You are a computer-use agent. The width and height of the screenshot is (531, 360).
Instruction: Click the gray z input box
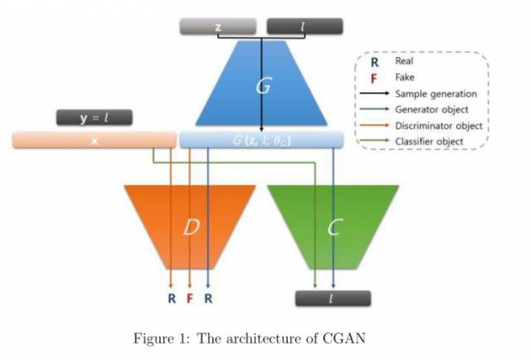[x=218, y=27]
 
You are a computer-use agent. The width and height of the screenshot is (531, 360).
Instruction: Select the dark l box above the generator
[x=304, y=27]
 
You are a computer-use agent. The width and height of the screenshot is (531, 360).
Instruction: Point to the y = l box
[x=95, y=118]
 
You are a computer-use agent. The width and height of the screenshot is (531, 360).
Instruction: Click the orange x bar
[x=94, y=140]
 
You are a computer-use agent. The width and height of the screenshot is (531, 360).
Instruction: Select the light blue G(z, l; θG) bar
[x=261, y=140]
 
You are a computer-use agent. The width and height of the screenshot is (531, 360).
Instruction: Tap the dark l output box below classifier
[x=333, y=299]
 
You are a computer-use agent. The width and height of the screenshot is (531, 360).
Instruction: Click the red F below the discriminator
[x=190, y=298]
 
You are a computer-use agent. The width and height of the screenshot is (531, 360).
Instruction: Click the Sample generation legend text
[x=435, y=94]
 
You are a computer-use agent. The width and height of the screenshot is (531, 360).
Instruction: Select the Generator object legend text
[x=431, y=109]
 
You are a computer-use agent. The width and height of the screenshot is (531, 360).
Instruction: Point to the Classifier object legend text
[x=429, y=142]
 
